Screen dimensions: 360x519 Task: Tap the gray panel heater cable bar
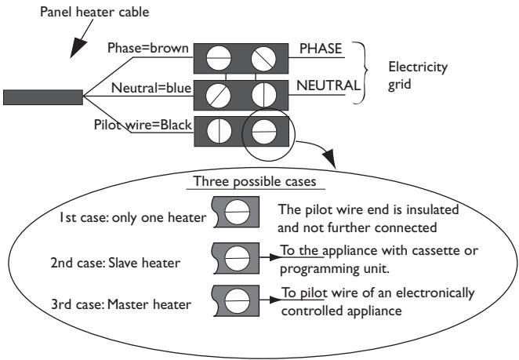tap(43, 96)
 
